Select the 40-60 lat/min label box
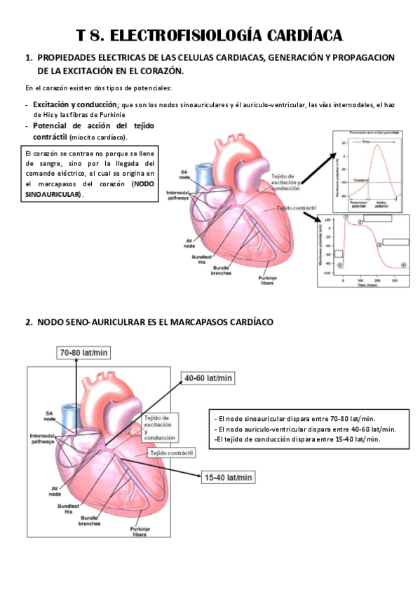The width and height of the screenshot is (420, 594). point(207,378)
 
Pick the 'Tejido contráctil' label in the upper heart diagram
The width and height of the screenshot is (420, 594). point(297,209)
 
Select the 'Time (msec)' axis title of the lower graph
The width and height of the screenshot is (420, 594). point(370,286)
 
